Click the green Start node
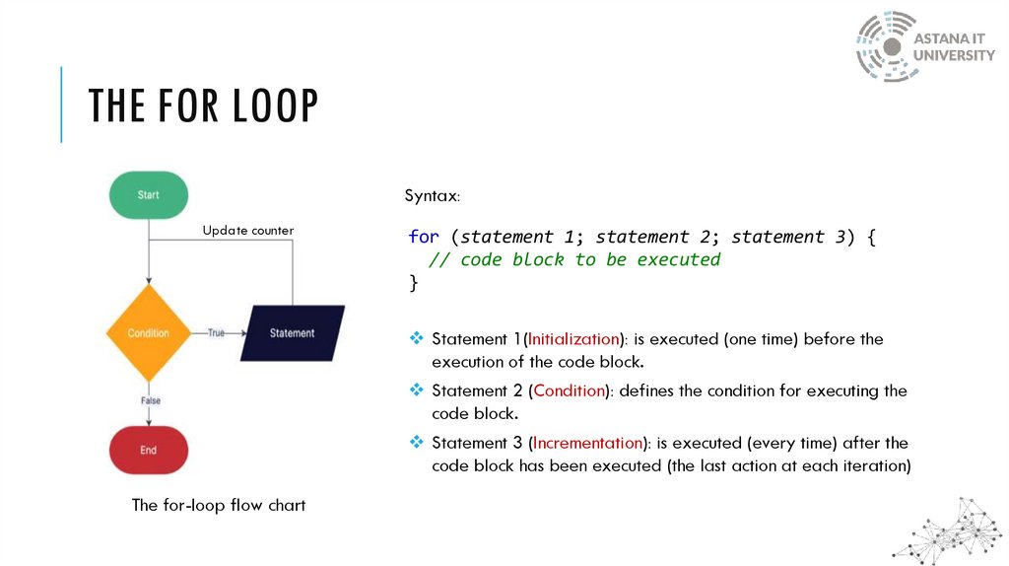148,195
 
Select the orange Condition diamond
148,333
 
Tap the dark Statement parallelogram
293,333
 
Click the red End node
148,450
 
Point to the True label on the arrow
216,333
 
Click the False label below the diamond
150,400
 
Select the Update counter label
248,231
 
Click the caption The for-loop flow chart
219,505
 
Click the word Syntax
432,195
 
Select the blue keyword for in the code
424,237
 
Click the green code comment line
573,260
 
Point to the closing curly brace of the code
414,283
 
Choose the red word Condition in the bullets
569,390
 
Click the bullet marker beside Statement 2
416,390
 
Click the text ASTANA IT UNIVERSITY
954,46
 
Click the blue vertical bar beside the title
61,105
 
